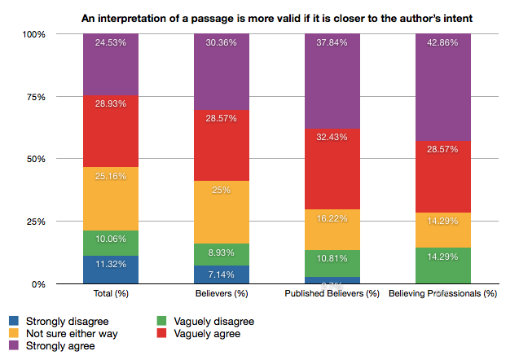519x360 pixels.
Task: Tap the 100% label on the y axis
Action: tap(56, 34)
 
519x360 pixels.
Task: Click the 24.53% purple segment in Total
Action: tap(109, 65)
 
